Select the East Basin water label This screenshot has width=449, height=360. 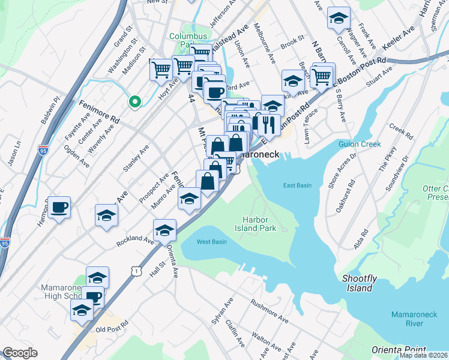click(x=297, y=185)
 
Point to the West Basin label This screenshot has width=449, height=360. click(x=212, y=242)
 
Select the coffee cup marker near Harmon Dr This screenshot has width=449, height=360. click(x=59, y=208)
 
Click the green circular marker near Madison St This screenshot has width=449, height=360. click(x=134, y=101)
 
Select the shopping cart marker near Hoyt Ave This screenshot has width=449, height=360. click(x=161, y=70)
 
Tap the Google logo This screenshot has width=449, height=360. click(x=19, y=353)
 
